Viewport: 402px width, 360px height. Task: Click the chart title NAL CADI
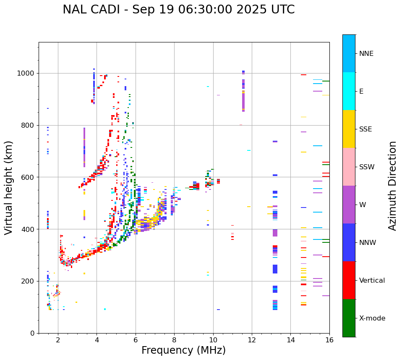178,10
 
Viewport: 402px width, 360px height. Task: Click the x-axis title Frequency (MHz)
183,350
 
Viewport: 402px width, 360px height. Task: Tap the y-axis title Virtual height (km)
9,188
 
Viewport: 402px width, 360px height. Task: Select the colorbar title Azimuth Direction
392,186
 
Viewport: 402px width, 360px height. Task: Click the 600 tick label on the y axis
29,177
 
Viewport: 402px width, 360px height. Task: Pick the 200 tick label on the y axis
29,281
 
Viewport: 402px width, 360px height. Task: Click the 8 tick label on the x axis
174,339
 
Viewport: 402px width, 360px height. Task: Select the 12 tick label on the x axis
252,339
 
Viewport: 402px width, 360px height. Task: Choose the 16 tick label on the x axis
329,339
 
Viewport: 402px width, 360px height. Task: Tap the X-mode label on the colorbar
372,318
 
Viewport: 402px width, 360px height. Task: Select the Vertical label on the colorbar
372,281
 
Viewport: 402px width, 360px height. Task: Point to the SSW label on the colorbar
367,167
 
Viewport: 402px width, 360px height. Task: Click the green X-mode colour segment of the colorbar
349,318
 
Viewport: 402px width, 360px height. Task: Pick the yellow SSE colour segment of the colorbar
349,129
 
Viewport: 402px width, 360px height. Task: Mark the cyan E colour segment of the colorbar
349,91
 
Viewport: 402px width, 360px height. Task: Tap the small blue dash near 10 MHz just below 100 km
219,310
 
